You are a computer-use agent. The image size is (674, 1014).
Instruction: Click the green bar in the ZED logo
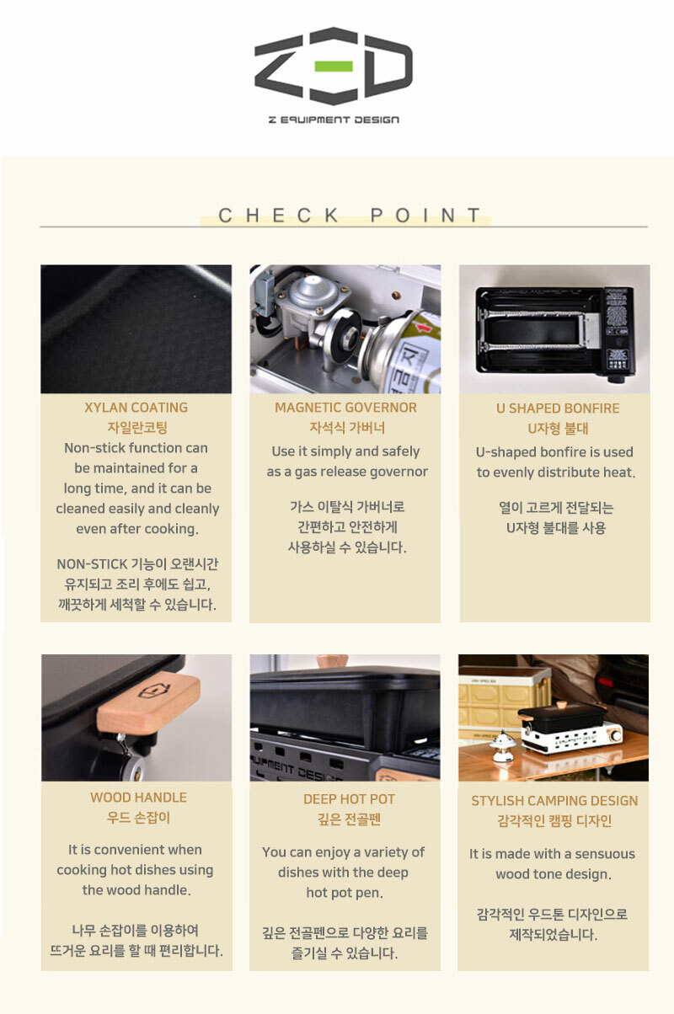pyautogui.click(x=334, y=66)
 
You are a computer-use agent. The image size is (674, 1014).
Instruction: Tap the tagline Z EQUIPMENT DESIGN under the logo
pyautogui.click(x=334, y=120)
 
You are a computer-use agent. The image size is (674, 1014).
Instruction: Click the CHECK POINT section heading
pyautogui.click(x=350, y=216)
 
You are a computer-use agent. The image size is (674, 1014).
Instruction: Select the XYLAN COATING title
pyautogui.click(x=136, y=408)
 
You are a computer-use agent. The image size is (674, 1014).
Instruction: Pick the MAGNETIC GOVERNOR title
pyautogui.click(x=345, y=408)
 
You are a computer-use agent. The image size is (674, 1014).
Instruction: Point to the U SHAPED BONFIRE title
pyautogui.click(x=558, y=408)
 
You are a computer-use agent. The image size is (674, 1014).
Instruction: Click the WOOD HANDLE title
pyautogui.click(x=138, y=798)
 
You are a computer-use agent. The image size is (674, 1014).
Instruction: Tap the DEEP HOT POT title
pyautogui.click(x=349, y=799)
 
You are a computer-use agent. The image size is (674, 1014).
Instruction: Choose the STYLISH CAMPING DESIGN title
pyautogui.click(x=554, y=801)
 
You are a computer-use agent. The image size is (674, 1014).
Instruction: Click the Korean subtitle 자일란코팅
pyautogui.click(x=137, y=427)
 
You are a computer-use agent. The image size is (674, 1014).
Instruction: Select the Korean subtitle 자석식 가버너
pyautogui.click(x=347, y=427)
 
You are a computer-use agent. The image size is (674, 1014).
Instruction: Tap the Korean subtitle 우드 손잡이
pyautogui.click(x=138, y=818)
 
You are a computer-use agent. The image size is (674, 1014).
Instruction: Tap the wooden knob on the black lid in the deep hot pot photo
pyautogui.click(x=333, y=662)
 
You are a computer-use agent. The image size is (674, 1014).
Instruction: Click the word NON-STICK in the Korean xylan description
pyautogui.click(x=92, y=564)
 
